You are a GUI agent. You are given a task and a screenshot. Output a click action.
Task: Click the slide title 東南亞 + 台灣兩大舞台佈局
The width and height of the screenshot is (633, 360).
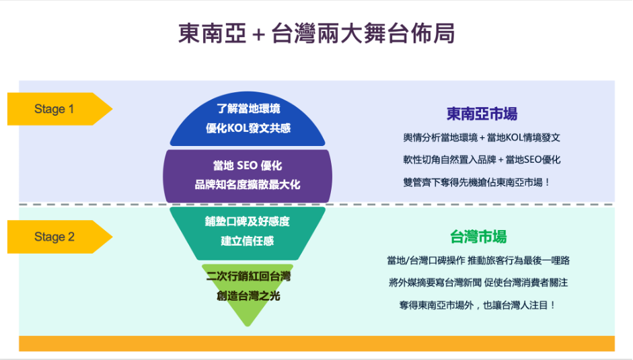click(317, 33)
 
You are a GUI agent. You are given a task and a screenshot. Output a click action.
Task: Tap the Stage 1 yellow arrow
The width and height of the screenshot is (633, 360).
click(60, 109)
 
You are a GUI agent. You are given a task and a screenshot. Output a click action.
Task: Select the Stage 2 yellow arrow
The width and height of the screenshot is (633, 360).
click(60, 237)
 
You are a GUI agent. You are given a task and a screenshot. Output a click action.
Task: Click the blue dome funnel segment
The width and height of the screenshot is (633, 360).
click(248, 119)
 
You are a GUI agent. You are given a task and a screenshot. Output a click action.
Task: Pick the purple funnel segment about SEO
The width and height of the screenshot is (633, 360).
click(248, 176)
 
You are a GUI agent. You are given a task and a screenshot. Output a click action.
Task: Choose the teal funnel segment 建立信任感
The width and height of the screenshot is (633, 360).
click(248, 233)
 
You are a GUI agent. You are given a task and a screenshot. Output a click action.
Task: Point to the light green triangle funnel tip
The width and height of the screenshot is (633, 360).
click(248, 293)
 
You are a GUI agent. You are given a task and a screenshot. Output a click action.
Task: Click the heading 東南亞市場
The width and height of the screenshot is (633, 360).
click(482, 114)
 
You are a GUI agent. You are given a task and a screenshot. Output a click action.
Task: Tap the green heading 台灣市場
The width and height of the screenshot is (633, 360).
click(478, 237)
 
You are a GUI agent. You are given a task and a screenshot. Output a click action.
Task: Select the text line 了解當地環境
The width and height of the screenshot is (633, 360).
click(248, 109)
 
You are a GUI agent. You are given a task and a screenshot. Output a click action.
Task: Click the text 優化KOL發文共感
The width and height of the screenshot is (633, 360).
click(248, 128)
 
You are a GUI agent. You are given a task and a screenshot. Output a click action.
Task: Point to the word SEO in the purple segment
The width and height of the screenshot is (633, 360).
click(247, 166)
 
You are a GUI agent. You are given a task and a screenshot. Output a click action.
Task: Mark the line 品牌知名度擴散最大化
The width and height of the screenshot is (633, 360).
click(248, 184)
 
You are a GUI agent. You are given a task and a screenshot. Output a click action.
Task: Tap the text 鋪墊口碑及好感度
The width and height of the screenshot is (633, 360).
click(248, 221)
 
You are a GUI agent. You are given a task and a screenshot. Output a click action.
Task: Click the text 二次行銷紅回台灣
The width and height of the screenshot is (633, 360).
click(248, 277)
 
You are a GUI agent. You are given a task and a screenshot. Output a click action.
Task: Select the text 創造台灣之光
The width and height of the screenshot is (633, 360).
click(248, 296)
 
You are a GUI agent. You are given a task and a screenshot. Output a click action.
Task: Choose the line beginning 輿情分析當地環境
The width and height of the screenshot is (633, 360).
click(482, 138)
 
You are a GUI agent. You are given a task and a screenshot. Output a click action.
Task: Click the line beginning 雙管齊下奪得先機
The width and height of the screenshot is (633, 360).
click(477, 182)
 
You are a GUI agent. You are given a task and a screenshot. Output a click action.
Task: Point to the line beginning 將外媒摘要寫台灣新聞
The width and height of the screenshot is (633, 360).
click(478, 283)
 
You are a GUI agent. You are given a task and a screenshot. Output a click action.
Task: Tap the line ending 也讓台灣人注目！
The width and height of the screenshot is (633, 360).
click(478, 305)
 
